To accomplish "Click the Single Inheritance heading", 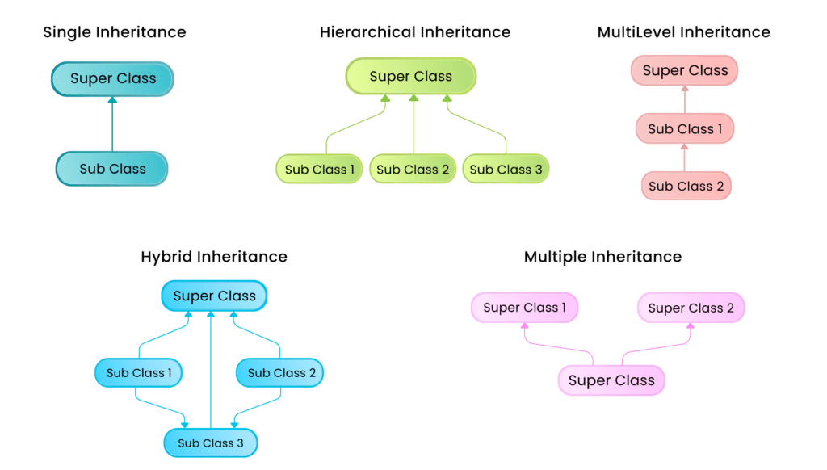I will point(114,32).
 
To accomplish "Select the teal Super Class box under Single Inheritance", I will point(112,79).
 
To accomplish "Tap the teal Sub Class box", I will point(112,169).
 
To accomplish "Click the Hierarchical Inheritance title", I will point(415,32).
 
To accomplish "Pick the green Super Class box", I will point(411,77).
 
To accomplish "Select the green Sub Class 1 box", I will point(319,170).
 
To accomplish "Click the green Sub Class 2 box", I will point(413,170).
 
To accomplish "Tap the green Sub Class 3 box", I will point(506,170).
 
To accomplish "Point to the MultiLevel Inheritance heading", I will point(683,32).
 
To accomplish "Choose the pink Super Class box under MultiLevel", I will point(685,70).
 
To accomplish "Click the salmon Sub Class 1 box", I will point(685,129).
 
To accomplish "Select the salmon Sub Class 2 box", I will point(686,186).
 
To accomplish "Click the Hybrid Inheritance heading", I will point(214,257).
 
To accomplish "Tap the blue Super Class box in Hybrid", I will point(214,296).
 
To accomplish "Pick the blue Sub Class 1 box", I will point(139,373).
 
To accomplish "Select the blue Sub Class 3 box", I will point(210,443).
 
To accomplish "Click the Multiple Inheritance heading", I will point(602,257).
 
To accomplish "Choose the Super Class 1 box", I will point(524,308).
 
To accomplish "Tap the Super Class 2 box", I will point(691,308).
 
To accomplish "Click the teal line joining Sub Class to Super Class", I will point(112,125).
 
